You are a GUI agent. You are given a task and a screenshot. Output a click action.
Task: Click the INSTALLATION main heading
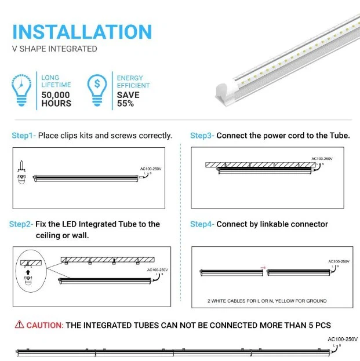click(x=82, y=31)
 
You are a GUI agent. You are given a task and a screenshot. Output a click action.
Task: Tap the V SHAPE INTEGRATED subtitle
click(x=54, y=49)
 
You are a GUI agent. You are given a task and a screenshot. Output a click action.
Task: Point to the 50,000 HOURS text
click(x=56, y=99)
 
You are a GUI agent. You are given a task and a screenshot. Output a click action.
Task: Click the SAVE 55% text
click(x=128, y=99)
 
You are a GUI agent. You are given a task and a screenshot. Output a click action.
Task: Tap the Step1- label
click(x=24, y=136)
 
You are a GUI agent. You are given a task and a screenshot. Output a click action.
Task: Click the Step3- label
click(x=202, y=136)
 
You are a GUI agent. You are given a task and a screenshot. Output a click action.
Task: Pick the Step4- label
click(x=202, y=224)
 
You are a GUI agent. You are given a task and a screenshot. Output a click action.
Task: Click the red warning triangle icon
click(x=20, y=325)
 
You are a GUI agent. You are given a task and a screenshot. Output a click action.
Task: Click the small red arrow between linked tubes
click(x=264, y=267)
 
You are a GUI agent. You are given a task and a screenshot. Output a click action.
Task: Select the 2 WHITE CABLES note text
click(x=267, y=301)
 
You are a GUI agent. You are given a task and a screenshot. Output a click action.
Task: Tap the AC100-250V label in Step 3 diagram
click(x=322, y=158)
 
